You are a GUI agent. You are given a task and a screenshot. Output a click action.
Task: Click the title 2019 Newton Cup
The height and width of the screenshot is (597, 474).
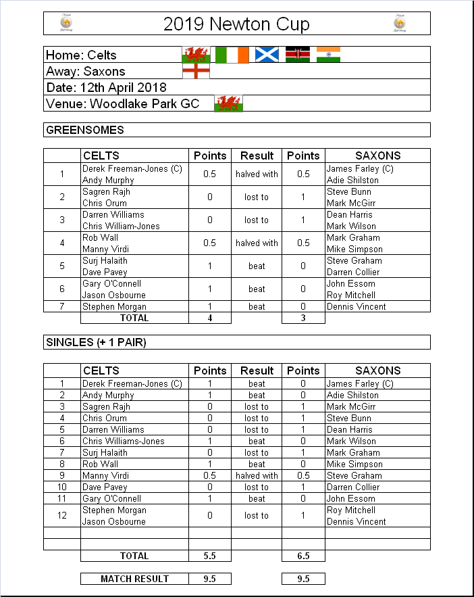236,24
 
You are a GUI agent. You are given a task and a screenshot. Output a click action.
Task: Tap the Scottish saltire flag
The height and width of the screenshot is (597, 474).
267,54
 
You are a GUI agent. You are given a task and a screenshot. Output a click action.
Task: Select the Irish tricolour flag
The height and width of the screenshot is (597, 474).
232,54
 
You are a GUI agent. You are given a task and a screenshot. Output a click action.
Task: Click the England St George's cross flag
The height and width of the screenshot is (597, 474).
196,70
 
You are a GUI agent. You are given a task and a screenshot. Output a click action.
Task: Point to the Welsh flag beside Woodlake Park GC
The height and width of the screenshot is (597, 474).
228,103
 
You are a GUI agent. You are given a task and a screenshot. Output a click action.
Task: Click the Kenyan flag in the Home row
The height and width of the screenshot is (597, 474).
297,54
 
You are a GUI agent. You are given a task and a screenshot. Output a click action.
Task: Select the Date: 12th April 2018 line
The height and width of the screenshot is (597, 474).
106,87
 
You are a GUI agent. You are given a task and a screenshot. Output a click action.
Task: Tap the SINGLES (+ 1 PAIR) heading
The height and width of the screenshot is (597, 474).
96,342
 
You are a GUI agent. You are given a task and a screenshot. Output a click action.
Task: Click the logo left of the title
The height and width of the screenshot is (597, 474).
66,24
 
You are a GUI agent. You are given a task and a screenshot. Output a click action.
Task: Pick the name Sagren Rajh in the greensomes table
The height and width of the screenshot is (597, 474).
106,191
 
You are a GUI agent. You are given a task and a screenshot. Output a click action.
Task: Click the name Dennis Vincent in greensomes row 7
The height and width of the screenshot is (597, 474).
356,306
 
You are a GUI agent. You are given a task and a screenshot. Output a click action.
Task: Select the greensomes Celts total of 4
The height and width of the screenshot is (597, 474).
210,318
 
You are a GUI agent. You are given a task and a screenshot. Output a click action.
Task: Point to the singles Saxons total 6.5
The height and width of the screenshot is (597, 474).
303,556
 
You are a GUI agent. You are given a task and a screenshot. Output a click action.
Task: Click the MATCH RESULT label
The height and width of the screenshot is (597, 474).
134,579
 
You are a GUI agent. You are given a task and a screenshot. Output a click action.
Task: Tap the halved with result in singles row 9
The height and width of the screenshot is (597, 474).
257,475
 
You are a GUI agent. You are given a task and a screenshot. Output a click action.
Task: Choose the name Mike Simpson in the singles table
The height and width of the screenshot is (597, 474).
354,464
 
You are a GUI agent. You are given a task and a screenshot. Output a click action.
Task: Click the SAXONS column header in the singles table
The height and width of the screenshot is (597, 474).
377,371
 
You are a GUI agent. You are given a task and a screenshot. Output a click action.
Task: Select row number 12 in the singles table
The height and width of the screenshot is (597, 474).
62,515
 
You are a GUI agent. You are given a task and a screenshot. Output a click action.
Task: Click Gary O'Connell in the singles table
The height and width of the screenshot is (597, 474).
111,498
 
